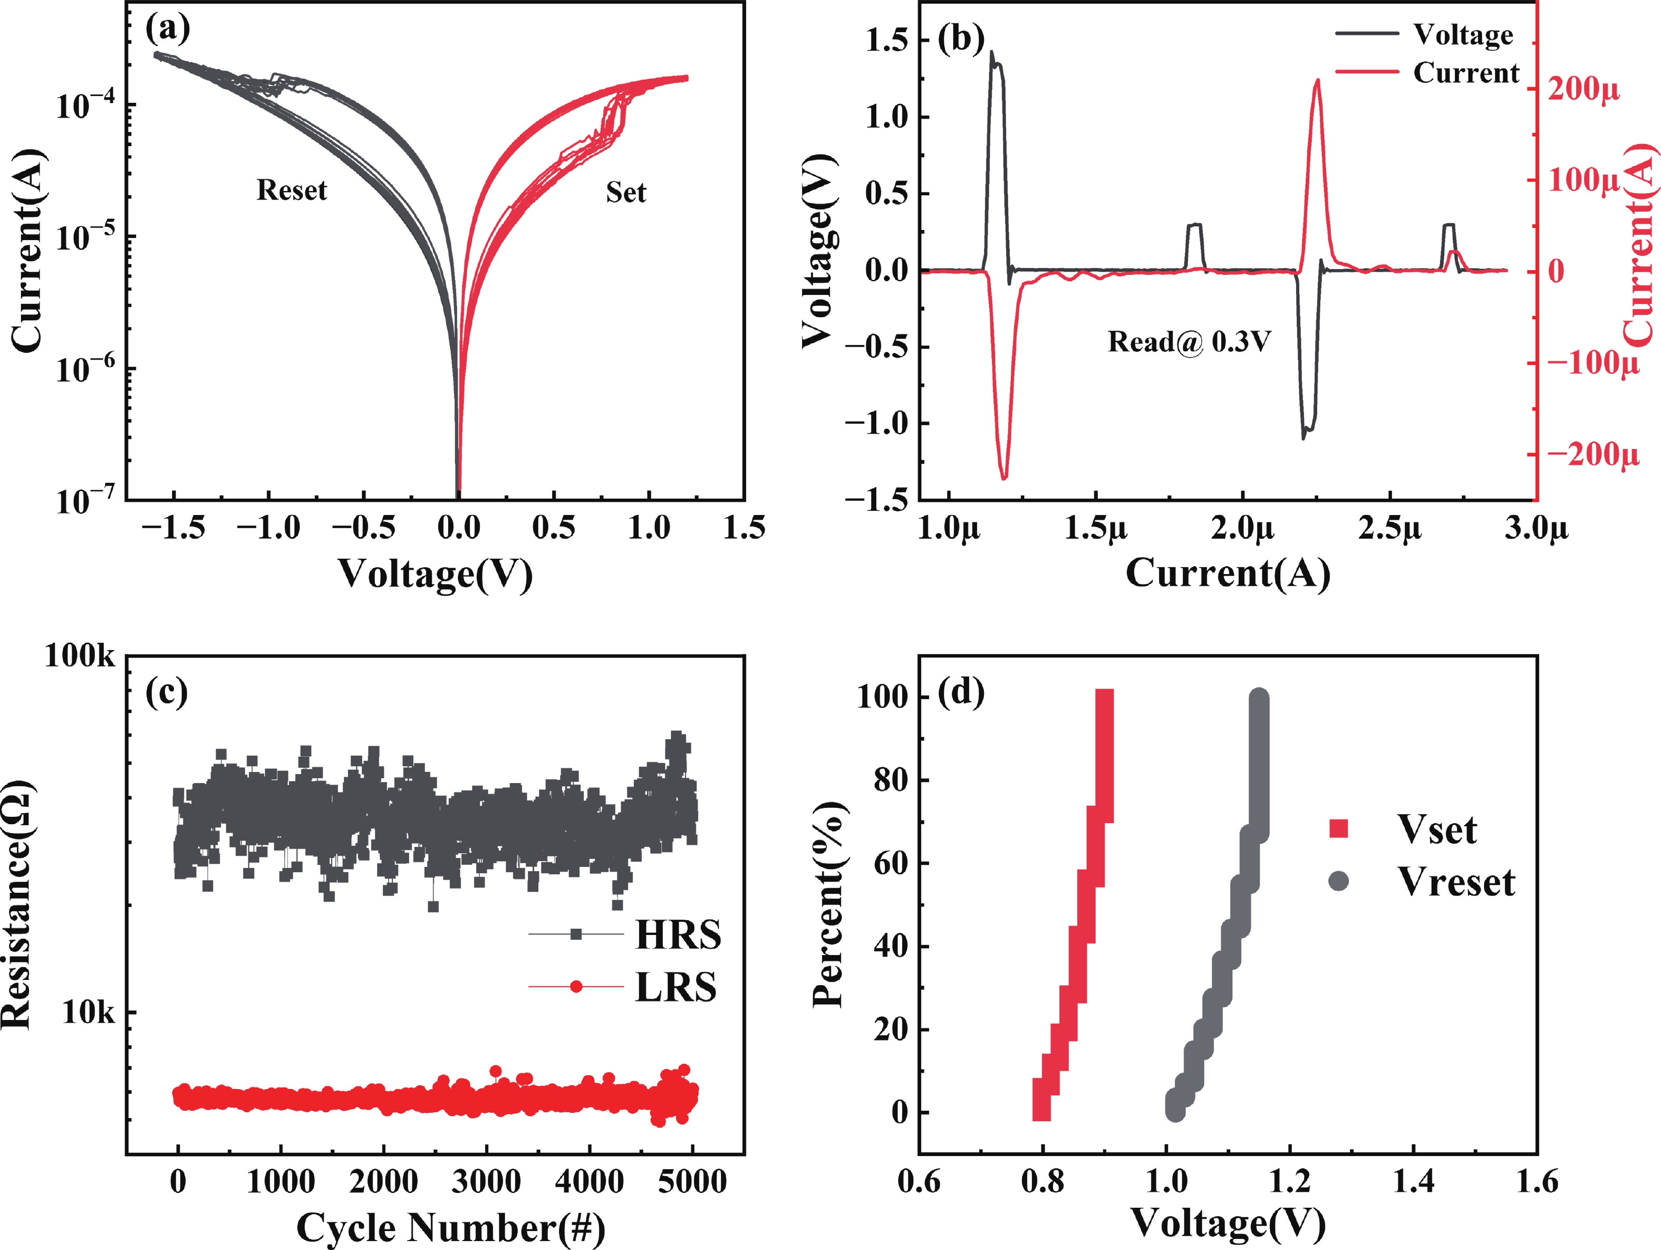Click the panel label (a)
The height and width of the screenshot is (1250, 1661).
pyautogui.click(x=168, y=28)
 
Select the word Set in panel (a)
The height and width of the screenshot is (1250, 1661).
pyautogui.click(x=625, y=192)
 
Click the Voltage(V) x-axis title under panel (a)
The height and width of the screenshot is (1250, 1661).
pyautogui.click(x=435, y=574)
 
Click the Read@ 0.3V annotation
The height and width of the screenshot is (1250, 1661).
pyautogui.click(x=1189, y=342)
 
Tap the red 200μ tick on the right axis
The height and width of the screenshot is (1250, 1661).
pyautogui.click(x=1583, y=89)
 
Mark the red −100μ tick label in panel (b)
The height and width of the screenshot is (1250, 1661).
pyautogui.click(x=1592, y=364)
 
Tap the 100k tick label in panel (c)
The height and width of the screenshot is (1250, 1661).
pyautogui.click(x=80, y=656)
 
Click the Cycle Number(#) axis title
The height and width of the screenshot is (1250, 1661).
pyautogui.click(x=450, y=1227)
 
